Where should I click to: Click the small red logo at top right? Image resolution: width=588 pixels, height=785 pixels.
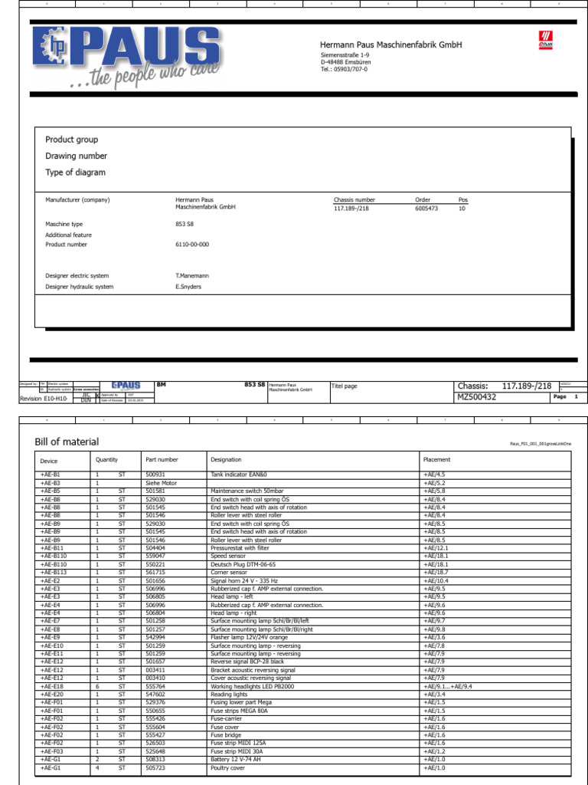tap(544, 41)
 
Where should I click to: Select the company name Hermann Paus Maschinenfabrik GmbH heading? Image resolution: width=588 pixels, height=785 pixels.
tap(390, 45)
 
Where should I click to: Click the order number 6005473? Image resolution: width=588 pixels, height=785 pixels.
tap(426, 209)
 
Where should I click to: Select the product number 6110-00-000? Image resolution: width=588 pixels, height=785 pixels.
tap(192, 245)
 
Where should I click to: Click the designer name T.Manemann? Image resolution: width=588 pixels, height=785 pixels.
tap(192, 275)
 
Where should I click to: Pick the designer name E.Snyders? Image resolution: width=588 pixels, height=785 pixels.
tap(188, 287)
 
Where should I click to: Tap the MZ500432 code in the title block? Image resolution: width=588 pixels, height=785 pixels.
tap(477, 397)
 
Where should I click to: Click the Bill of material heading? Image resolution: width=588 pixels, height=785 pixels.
tap(67, 442)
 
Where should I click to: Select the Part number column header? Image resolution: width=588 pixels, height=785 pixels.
tap(162, 460)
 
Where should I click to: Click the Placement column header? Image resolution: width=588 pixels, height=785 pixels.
tap(436, 460)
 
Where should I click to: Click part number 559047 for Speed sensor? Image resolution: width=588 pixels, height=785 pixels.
tap(155, 556)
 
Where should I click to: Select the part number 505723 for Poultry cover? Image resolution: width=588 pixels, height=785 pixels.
tap(155, 767)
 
